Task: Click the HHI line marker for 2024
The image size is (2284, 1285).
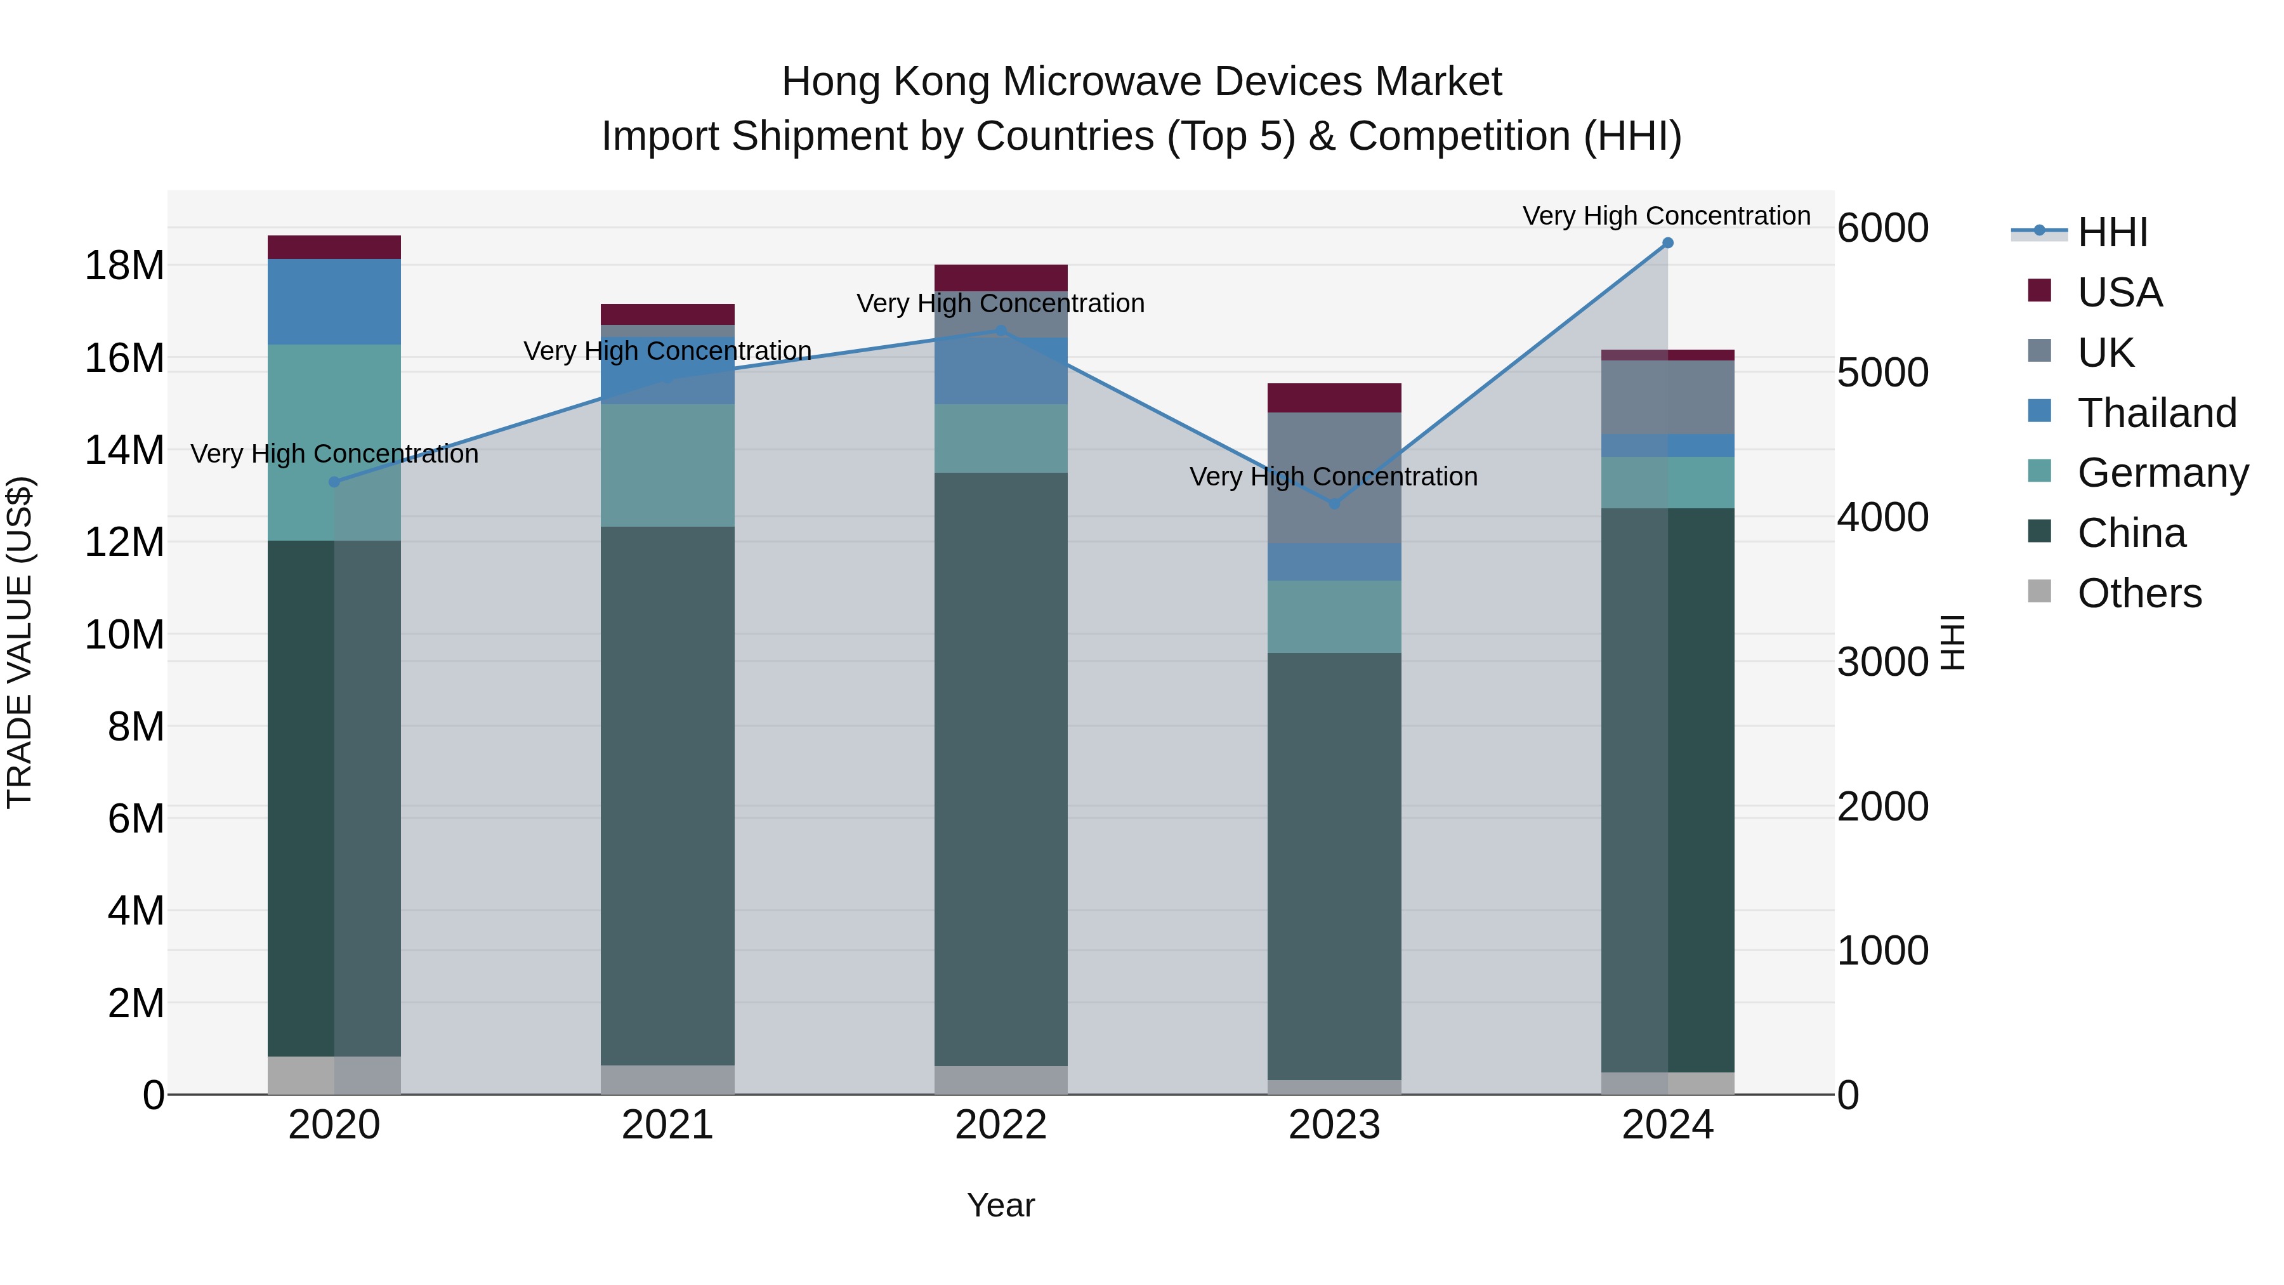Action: click(x=1667, y=243)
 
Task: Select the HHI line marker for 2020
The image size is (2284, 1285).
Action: click(x=334, y=482)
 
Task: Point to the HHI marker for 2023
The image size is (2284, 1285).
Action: click(x=1334, y=504)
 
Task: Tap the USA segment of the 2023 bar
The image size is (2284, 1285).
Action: click(x=1334, y=398)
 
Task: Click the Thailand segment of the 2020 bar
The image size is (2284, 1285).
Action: click(x=334, y=301)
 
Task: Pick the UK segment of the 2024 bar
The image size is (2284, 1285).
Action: click(x=1667, y=397)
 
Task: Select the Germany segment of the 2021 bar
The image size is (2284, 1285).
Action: click(x=667, y=466)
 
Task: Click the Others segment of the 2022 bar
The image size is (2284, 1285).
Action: click(x=1001, y=1080)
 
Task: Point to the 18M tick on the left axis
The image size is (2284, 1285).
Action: click(x=124, y=265)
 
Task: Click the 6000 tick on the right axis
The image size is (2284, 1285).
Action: click(x=1882, y=228)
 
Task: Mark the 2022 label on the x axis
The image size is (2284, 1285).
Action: click(x=1001, y=1125)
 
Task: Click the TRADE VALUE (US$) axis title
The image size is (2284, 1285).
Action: click(x=20, y=642)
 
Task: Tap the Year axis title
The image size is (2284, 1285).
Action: click(x=1001, y=1205)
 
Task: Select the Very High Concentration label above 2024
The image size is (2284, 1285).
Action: click(x=1666, y=216)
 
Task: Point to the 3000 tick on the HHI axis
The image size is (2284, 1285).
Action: click(x=1882, y=662)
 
